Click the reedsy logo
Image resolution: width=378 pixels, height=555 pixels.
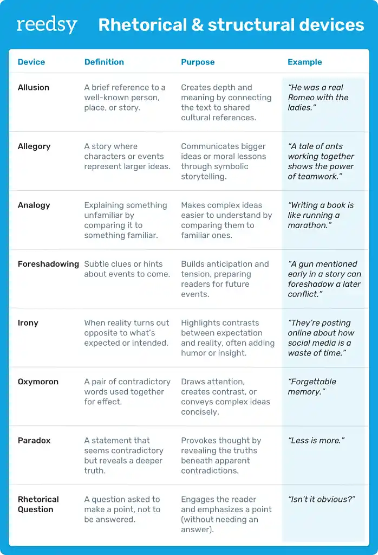[x=47, y=25]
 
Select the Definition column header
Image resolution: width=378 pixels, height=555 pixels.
[x=104, y=62]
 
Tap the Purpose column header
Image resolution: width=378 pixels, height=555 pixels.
[x=198, y=62]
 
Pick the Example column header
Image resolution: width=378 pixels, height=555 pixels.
[x=304, y=62]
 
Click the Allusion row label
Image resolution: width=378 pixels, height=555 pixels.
[x=34, y=88]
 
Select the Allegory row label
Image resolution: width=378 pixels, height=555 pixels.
[x=34, y=146]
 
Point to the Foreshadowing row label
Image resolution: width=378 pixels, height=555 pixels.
[x=48, y=264]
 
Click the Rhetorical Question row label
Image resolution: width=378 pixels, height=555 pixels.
[x=38, y=504]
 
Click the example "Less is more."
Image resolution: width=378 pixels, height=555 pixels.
[x=317, y=441]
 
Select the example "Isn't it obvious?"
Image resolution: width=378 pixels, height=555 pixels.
[x=321, y=499]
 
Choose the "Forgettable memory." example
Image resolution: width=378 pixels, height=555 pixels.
[x=312, y=386]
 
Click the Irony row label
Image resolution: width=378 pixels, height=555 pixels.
[x=28, y=323]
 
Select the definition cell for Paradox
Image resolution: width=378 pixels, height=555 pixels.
[x=123, y=455]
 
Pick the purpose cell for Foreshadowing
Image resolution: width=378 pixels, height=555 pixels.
[x=225, y=279]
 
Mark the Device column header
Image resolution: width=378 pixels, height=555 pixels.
[x=31, y=62]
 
